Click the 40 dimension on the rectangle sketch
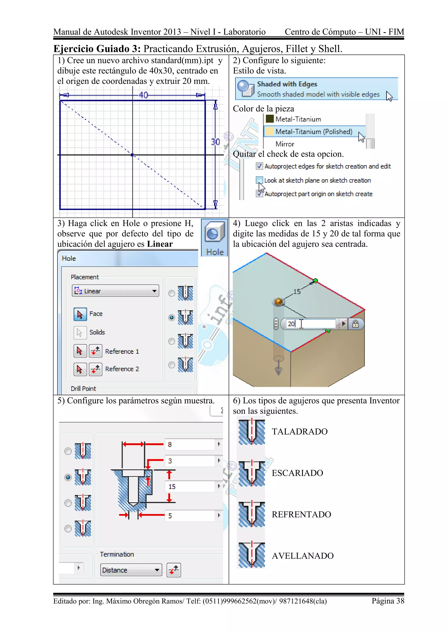click(143, 95)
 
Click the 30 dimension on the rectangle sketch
click(215, 142)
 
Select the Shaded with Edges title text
click(287, 84)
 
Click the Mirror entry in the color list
click(285, 144)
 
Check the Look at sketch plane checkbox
click(259, 180)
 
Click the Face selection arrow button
click(80, 314)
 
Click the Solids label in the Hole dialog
click(97, 332)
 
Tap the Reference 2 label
click(122, 369)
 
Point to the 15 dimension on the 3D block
click(297, 292)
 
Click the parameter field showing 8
click(190, 445)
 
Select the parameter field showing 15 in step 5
click(190, 487)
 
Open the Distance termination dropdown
click(131, 570)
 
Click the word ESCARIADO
click(297, 473)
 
